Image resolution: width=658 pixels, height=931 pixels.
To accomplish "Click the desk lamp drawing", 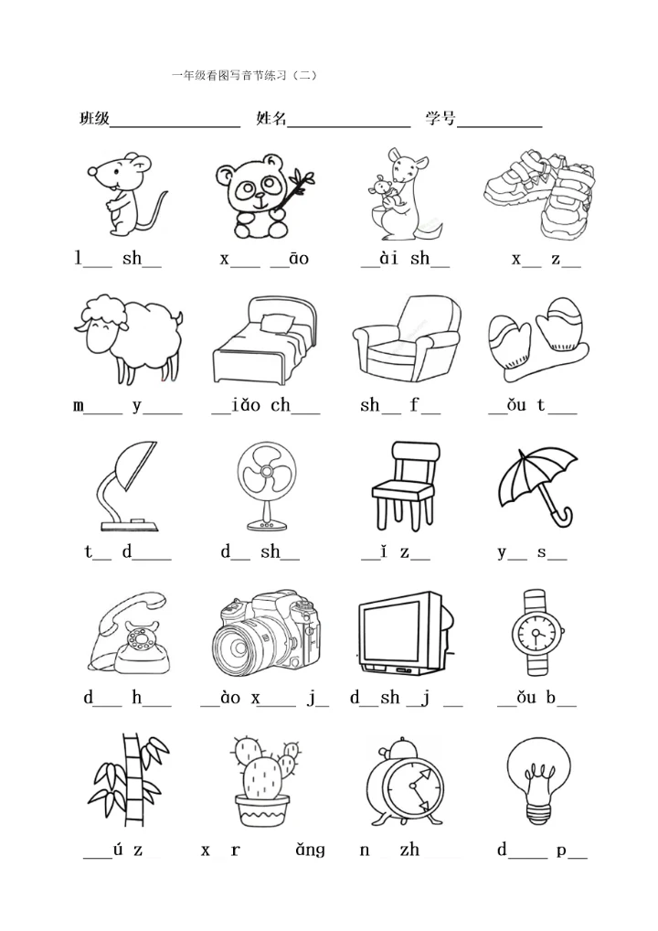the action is click(129, 486).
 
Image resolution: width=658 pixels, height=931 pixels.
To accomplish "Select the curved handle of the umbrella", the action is click(561, 517).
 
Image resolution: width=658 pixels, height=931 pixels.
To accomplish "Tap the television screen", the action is click(394, 633).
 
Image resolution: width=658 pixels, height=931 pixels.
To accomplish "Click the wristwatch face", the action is click(536, 633).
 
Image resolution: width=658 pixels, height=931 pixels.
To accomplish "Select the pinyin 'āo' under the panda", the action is click(299, 258).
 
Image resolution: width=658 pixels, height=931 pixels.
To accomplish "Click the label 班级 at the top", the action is click(94, 118).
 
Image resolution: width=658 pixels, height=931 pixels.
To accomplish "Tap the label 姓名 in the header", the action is click(271, 118).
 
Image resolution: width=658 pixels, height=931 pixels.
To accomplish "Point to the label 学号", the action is click(440, 118).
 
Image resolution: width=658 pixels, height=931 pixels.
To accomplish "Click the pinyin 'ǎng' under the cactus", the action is click(311, 851).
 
